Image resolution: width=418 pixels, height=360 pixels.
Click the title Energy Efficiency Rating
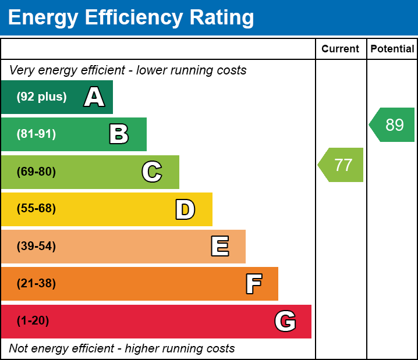pyautogui.click(x=131, y=17)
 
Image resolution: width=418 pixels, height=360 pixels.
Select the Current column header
pyautogui.click(x=341, y=49)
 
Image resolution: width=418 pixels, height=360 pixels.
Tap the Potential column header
pyautogui.click(x=392, y=49)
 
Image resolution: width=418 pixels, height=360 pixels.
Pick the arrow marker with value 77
pyautogui.click(x=342, y=165)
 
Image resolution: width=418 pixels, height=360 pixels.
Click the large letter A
pyautogui.click(x=94, y=97)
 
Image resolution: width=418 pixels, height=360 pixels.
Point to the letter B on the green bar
pyautogui.click(x=119, y=134)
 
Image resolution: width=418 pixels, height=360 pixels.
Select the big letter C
pyautogui.click(x=152, y=172)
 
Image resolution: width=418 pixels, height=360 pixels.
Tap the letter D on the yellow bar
pyautogui.click(x=185, y=209)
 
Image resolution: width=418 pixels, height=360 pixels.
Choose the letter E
pyautogui.click(x=219, y=247)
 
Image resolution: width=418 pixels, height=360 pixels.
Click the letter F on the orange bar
pyautogui.click(x=253, y=284)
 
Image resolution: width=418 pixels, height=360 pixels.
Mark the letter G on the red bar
pyautogui.click(x=285, y=321)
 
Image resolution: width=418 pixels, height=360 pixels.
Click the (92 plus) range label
pyautogui.click(x=41, y=97)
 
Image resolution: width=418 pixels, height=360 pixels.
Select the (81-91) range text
pyautogui.click(x=36, y=134)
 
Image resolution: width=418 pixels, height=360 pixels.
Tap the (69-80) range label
pyautogui.click(x=36, y=172)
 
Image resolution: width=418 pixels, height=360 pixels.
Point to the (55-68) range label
pyautogui.click(x=36, y=209)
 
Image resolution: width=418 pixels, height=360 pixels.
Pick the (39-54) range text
pyautogui.click(x=36, y=247)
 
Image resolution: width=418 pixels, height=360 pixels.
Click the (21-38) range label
pyautogui.click(x=36, y=284)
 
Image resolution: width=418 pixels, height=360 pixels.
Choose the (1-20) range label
pyautogui.click(x=33, y=321)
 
